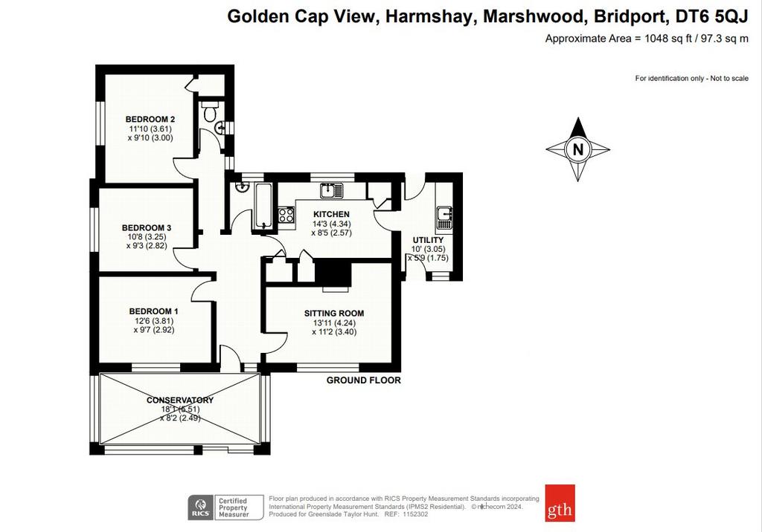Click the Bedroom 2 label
[150, 120]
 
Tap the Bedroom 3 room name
[147, 227]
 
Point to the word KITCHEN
[331, 214]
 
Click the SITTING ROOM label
[334, 313]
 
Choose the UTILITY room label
[428, 240]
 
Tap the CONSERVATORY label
[180, 400]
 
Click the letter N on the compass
[577, 149]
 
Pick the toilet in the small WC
[210, 111]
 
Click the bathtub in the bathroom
[263, 206]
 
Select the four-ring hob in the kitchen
[286, 215]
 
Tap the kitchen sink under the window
[331, 190]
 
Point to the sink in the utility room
[444, 218]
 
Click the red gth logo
[560, 503]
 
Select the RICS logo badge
[201, 507]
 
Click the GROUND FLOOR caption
[363, 380]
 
